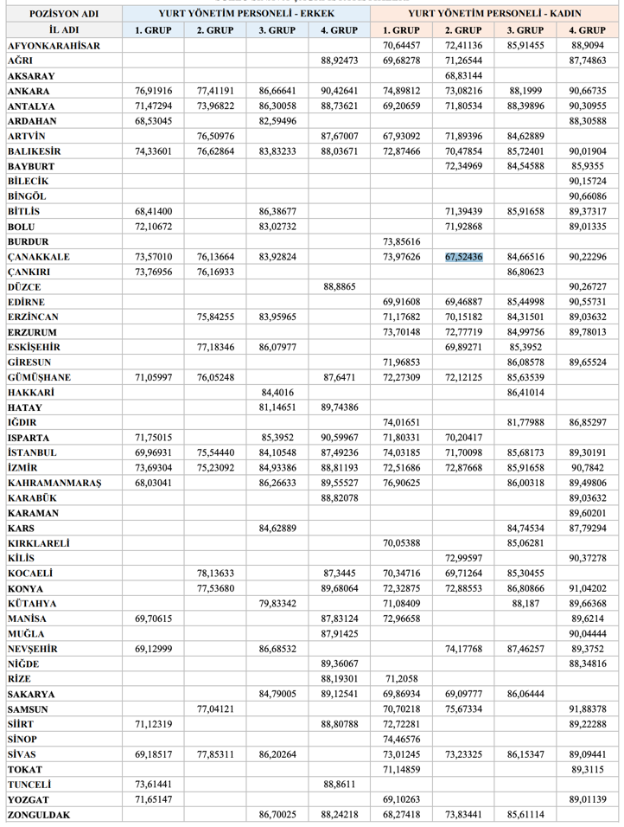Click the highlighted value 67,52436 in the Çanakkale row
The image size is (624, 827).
463,257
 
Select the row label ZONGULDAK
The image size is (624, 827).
40,815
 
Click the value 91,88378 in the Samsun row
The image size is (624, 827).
588,709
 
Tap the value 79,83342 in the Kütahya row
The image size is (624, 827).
277,603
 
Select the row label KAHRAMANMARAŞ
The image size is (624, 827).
54,483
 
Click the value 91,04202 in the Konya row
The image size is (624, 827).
588,588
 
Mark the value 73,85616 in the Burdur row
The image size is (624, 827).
401,242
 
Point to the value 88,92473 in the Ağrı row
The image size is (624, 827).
339,61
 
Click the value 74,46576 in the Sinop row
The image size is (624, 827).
401,740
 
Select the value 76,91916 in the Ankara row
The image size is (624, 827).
154,91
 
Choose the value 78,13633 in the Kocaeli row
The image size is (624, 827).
215,574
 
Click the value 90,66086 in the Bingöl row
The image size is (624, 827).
588,196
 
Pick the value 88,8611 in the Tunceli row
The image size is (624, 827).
339,785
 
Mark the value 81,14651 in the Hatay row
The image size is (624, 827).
277,407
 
